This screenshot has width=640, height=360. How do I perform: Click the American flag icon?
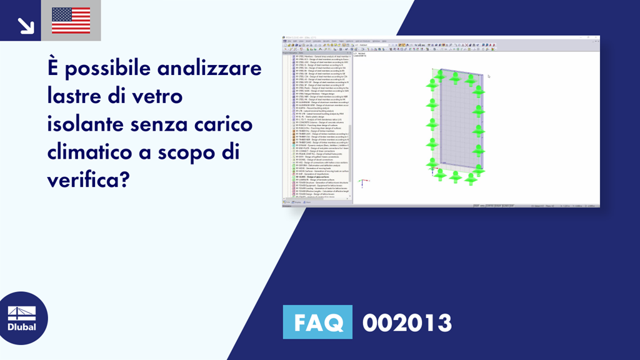[71, 20]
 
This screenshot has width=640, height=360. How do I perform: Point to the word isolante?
[86, 124]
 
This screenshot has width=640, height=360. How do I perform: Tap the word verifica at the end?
[87, 181]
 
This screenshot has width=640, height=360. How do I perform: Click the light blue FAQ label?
[317, 322]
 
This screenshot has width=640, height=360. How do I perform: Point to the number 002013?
[407, 322]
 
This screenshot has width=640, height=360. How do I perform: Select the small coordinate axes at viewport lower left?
[361, 182]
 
